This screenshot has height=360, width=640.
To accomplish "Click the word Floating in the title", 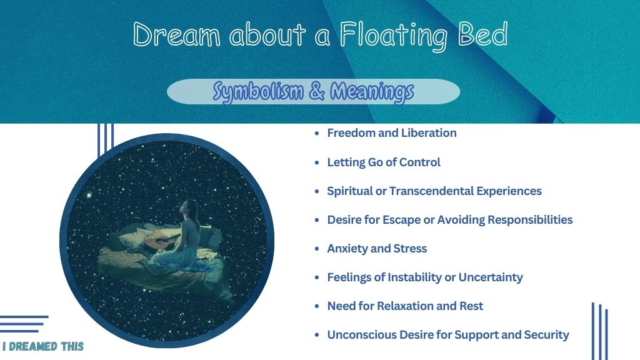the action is (x=394, y=36).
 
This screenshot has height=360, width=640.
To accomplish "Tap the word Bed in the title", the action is (x=483, y=34).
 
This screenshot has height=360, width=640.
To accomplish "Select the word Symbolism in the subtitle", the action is (x=258, y=91).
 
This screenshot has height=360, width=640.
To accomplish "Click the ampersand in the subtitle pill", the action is (x=317, y=91).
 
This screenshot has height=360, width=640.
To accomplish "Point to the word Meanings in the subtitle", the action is (x=372, y=91).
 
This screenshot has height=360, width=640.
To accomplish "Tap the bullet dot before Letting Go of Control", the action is (x=317, y=162).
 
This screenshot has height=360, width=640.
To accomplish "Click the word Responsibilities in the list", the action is (x=530, y=220).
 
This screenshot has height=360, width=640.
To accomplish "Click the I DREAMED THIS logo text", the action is (x=43, y=346).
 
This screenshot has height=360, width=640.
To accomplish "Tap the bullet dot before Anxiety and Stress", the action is (x=317, y=249).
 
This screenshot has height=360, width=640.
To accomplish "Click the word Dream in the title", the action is (x=176, y=34).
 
